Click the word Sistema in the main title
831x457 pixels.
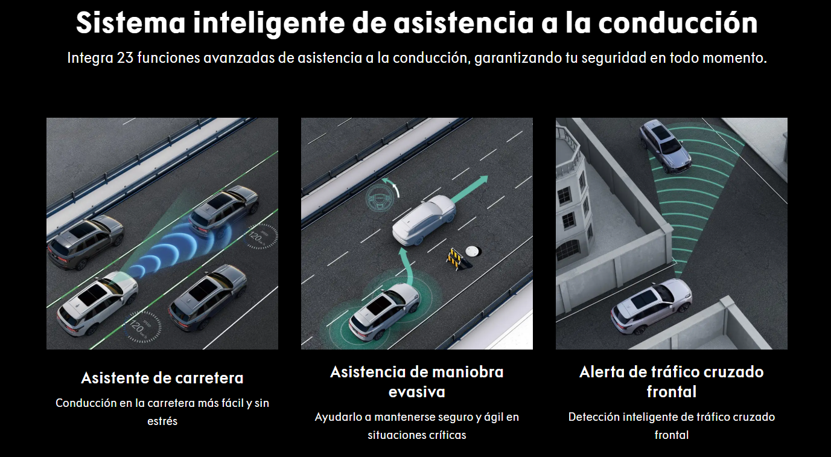click(130, 23)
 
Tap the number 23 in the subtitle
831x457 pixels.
click(125, 58)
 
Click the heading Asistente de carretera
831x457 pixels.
click(162, 378)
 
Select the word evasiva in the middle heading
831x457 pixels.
click(416, 392)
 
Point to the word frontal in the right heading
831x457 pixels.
click(672, 392)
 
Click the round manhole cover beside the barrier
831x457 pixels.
click(473, 251)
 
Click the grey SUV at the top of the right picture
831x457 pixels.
click(666, 146)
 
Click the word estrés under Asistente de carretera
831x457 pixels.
click(162, 421)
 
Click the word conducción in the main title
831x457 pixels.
click(678, 23)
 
